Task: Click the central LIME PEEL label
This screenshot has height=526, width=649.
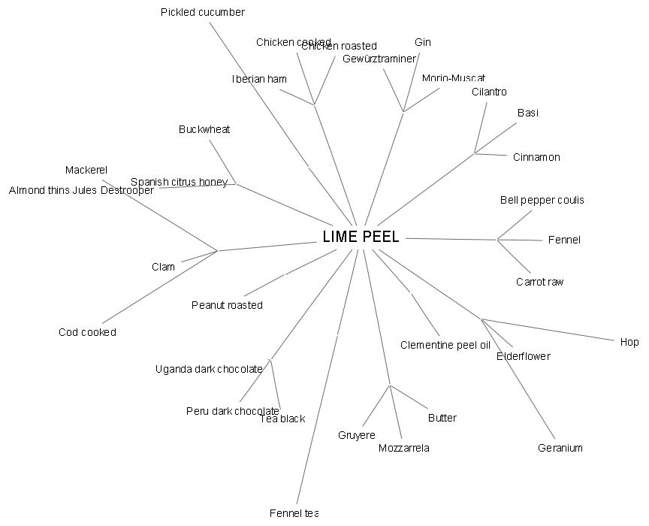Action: (361, 237)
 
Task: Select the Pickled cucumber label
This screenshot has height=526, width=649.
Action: (203, 12)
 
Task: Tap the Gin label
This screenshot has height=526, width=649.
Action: (423, 42)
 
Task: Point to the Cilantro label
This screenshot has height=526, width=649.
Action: (489, 92)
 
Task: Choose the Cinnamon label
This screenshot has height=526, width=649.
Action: (536, 157)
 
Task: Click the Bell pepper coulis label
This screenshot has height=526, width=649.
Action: (542, 200)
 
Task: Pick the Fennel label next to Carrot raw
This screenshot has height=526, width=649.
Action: (564, 240)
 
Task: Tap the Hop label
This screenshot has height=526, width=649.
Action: (629, 342)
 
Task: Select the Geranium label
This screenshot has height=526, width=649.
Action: (560, 448)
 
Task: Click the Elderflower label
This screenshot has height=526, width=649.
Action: (524, 356)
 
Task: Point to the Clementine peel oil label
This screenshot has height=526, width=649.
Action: (445, 345)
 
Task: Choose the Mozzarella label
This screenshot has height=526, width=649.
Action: (404, 448)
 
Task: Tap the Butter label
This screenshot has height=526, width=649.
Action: (442, 418)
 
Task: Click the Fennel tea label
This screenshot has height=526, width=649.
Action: (294, 512)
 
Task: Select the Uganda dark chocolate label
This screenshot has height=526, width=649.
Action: (209, 369)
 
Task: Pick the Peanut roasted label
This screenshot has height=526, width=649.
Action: (227, 305)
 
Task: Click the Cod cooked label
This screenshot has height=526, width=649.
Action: (87, 332)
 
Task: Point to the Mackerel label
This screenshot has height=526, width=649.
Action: (86, 170)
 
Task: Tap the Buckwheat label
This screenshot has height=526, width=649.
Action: (204, 129)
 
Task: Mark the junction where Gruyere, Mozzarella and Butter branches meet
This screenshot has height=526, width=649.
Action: (390, 385)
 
